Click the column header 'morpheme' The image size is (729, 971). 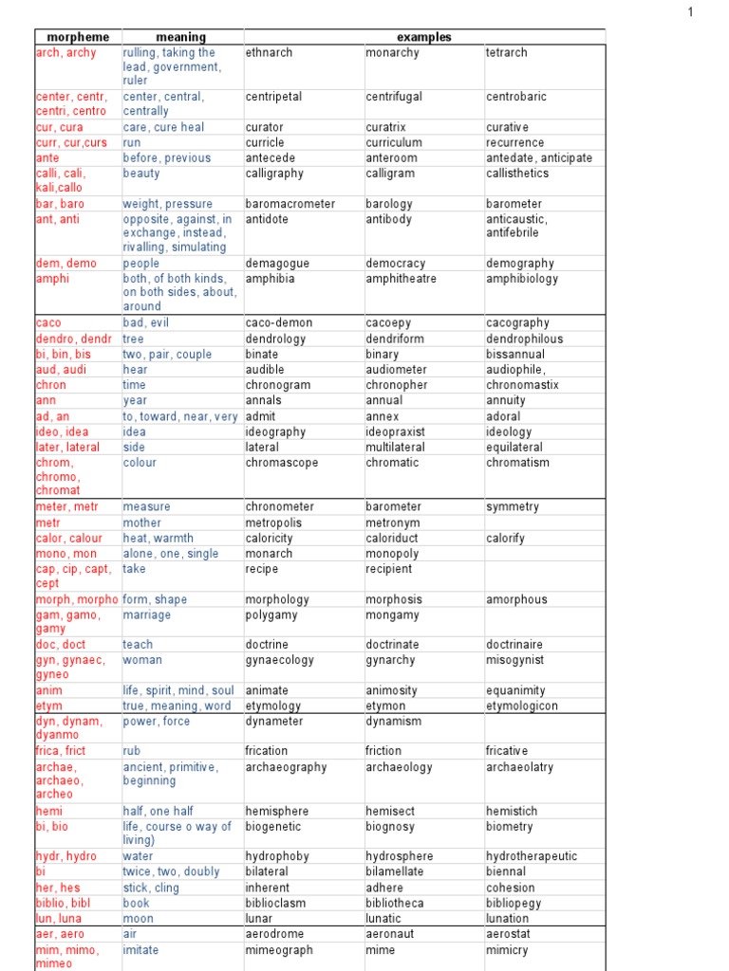[x=78, y=37]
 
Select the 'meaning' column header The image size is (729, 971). [x=180, y=37]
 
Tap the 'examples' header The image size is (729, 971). [x=423, y=37]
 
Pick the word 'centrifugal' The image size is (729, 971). [x=394, y=97]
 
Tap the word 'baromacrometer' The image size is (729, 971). [x=290, y=204]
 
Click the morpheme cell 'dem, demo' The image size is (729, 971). [x=65, y=264]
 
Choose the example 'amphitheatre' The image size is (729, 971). [x=407, y=279]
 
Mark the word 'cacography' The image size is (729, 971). [x=517, y=323]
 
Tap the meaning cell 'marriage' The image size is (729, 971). [x=147, y=615]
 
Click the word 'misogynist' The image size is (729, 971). [x=515, y=660]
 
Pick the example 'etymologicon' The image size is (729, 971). [x=522, y=706]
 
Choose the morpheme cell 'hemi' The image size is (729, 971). [x=48, y=812]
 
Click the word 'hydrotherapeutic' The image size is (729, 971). [x=532, y=856]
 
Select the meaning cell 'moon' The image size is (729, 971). [x=137, y=918]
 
